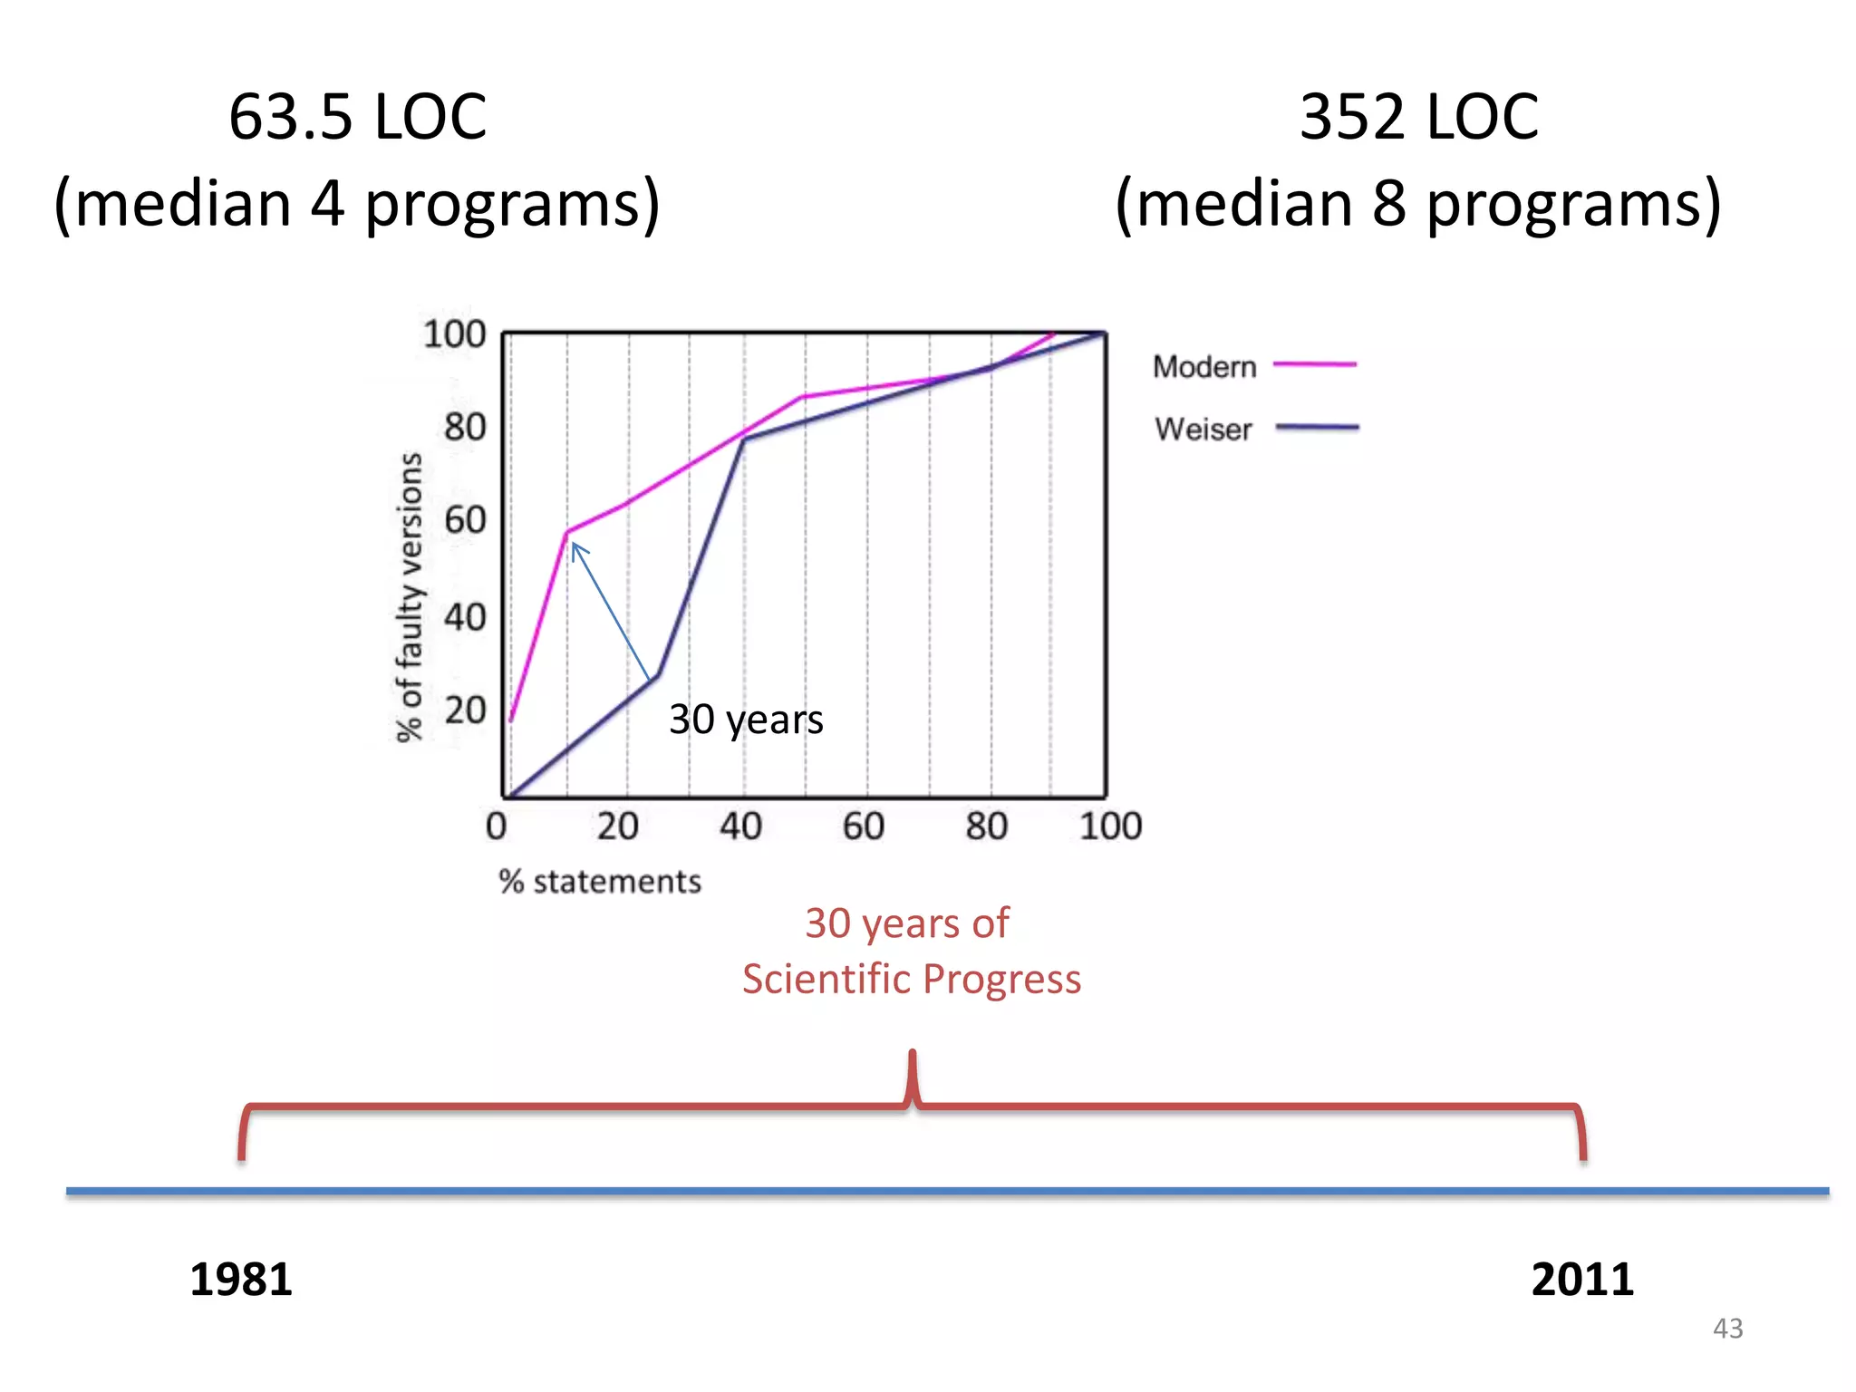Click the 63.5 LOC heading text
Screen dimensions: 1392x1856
(357, 117)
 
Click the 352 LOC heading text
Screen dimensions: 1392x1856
(1418, 117)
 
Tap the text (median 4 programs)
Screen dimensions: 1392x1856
(357, 204)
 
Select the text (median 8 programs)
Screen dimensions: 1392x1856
(1418, 204)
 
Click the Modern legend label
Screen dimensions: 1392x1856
(1204, 367)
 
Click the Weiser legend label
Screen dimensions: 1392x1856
(1203, 429)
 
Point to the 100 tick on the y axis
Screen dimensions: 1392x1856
(454, 334)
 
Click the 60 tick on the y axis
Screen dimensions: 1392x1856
(464, 520)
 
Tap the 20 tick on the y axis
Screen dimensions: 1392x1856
(464, 710)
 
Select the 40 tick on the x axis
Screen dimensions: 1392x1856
(740, 826)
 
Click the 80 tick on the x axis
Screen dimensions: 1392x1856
(986, 826)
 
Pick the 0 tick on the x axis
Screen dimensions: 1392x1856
(496, 826)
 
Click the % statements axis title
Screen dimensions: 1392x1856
(600, 882)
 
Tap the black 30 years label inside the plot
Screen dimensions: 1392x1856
(746, 720)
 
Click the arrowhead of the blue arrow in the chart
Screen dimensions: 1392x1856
(575, 546)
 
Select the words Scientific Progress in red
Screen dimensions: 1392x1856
(912, 979)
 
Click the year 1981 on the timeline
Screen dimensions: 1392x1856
(241, 1280)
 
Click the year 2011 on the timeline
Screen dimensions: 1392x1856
(1582, 1280)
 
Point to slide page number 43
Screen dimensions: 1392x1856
(1727, 1329)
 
